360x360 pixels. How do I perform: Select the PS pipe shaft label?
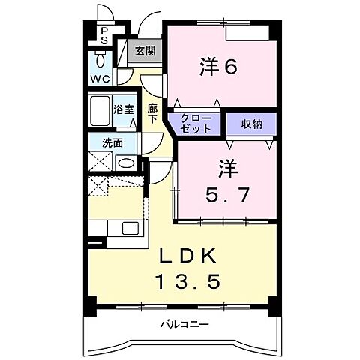point(104,36)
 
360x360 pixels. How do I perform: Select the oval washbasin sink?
point(126,163)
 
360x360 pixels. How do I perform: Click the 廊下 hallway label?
point(152,112)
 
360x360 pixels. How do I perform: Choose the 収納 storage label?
point(251,124)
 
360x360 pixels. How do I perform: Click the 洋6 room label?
point(217,67)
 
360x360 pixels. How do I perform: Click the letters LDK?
point(189,256)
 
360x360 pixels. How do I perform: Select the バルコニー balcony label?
point(184,325)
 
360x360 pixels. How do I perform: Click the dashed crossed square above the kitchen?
point(99,187)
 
